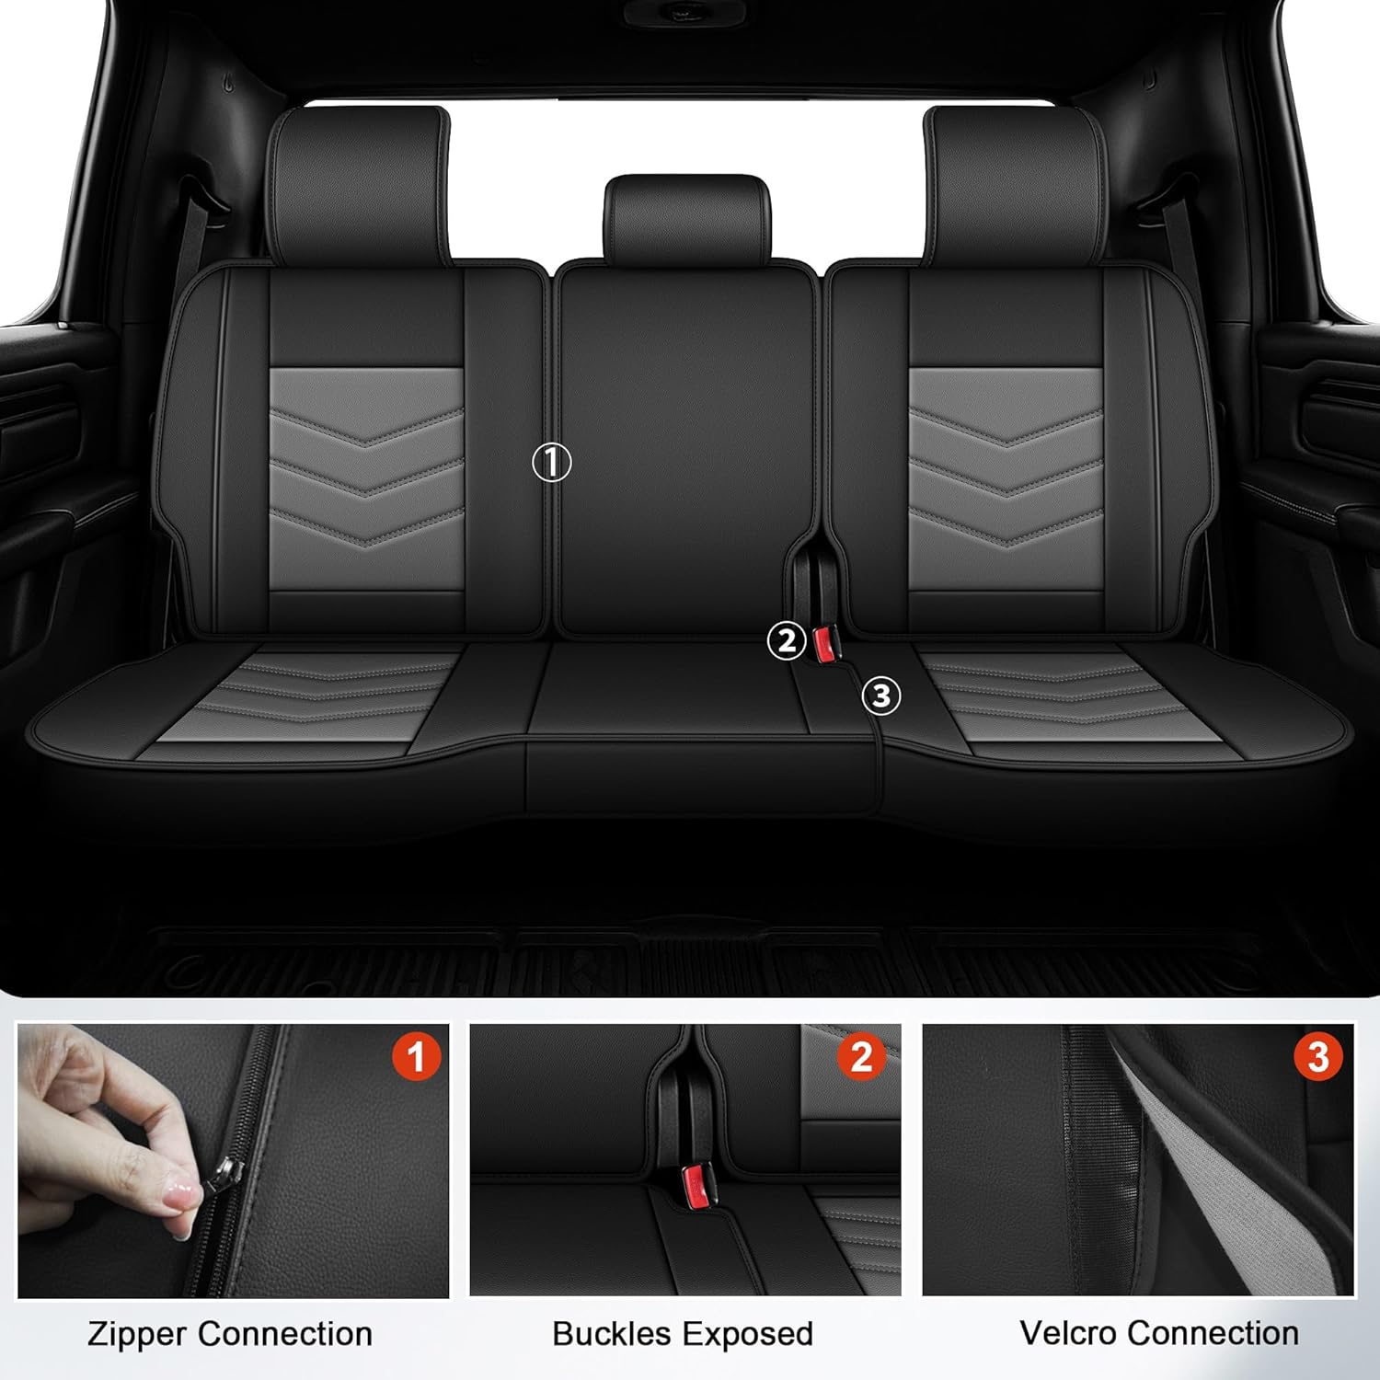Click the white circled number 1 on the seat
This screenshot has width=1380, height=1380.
point(552,462)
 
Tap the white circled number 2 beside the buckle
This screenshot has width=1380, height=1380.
point(786,641)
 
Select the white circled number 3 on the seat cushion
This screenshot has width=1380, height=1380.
point(880,696)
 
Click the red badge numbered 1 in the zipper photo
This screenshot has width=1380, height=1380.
point(416,1057)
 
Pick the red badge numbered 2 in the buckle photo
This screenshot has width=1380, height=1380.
point(861,1057)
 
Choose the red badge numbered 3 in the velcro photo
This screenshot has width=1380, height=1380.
point(1317,1057)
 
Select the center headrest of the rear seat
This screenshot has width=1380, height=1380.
point(687,218)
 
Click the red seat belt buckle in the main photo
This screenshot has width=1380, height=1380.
point(823,644)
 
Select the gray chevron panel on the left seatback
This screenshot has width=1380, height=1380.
point(366,478)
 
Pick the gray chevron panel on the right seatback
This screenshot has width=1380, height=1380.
point(1006,478)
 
